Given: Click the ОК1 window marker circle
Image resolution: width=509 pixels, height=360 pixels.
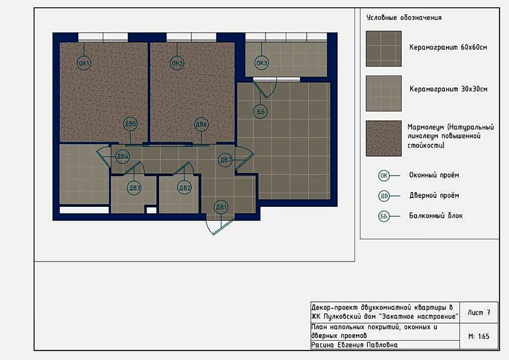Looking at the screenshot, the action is pyautogui.click(x=84, y=63).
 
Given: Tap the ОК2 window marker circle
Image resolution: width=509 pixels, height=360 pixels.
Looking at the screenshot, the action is pyautogui.click(x=177, y=63).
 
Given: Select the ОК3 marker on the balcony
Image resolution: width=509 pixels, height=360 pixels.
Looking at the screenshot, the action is pyautogui.click(x=261, y=63).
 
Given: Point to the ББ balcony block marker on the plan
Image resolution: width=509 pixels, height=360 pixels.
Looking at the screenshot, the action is pyautogui.click(x=260, y=112).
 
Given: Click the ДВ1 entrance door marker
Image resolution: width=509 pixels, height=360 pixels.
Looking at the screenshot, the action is pyautogui.click(x=221, y=207).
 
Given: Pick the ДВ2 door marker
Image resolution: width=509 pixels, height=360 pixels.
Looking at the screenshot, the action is pyautogui.click(x=184, y=187).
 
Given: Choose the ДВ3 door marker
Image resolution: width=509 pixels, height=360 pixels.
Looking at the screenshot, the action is pyautogui.click(x=134, y=187).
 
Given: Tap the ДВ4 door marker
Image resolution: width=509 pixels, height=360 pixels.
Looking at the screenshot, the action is pyautogui.click(x=123, y=157).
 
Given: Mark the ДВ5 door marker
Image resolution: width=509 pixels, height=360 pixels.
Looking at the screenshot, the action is pyautogui.click(x=130, y=124).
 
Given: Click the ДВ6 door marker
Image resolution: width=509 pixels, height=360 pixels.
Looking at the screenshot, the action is pyautogui.click(x=201, y=124).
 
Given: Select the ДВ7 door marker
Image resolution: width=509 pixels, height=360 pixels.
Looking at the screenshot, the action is pyautogui.click(x=226, y=160).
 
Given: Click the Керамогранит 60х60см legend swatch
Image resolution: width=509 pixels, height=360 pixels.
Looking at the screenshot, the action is pyautogui.click(x=384, y=49).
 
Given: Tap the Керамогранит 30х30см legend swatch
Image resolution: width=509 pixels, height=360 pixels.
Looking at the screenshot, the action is pyautogui.click(x=384, y=93).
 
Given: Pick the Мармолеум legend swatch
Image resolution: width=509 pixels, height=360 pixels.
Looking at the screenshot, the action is pyautogui.click(x=384, y=138).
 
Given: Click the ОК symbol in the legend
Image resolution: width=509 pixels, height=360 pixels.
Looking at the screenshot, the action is pyautogui.click(x=384, y=176).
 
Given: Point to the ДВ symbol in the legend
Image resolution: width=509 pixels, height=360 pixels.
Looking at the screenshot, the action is pyautogui.click(x=384, y=196).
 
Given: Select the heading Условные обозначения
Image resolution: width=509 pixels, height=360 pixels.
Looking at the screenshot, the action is pyautogui.click(x=404, y=17).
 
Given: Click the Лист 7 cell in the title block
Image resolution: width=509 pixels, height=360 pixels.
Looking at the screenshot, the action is pyautogui.click(x=479, y=313).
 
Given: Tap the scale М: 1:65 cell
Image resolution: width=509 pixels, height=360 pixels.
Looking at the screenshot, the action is pyautogui.click(x=479, y=336).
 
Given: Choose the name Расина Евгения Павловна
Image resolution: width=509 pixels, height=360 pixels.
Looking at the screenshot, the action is pyautogui.click(x=354, y=345).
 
